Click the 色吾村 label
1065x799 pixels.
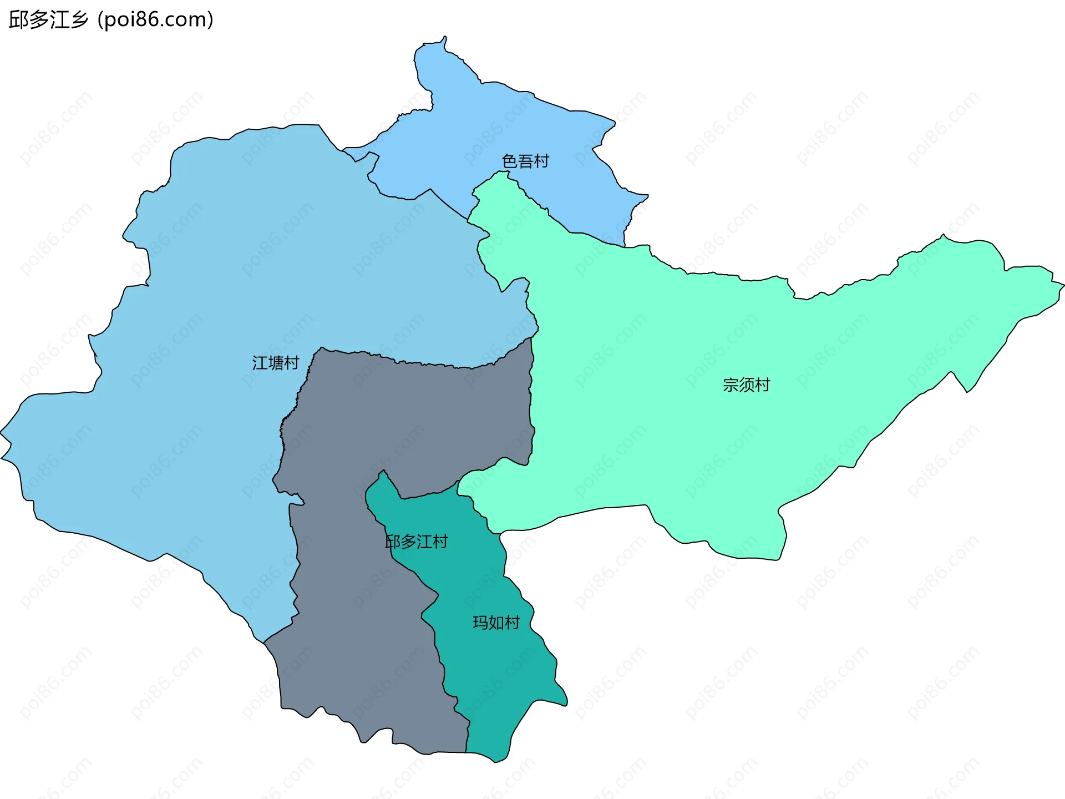[525, 161]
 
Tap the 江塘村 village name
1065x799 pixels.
[276, 363]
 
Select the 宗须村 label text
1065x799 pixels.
[746, 385]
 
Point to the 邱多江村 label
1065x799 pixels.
[417, 542]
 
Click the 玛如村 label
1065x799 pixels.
[496, 623]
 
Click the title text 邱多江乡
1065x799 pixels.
[49, 20]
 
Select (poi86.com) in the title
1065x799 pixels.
[155, 20]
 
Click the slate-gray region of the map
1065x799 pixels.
[388, 422]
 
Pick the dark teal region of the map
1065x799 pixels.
[488, 666]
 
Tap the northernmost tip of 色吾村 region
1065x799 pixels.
[444, 37]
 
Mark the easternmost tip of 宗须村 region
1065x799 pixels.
[1063, 286]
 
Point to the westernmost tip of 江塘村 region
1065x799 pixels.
[1, 432]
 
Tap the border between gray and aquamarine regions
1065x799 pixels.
[531, 399]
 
